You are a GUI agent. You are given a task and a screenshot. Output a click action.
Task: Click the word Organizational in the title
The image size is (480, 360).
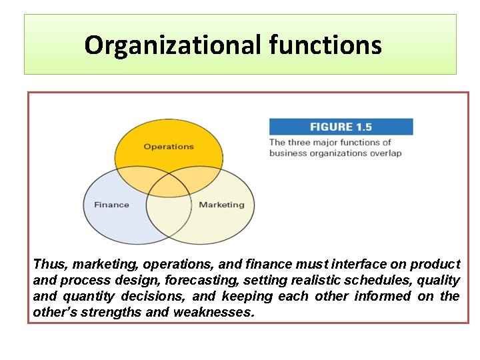(x=174, y=45)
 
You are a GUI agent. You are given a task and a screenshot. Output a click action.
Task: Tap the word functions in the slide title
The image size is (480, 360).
(x=326, y=45)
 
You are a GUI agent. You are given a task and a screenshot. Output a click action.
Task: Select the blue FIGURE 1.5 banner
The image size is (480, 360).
(x=341, y=127)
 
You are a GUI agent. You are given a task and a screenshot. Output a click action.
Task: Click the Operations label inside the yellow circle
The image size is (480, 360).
(x=169, y=147)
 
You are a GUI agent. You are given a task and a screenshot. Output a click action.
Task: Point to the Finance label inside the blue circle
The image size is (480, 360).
(x=111, y=205)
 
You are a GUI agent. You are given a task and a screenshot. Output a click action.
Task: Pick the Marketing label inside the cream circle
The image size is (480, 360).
(x=221, y=205)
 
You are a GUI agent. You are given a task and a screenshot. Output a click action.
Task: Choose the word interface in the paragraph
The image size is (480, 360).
(x=370, y=265)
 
